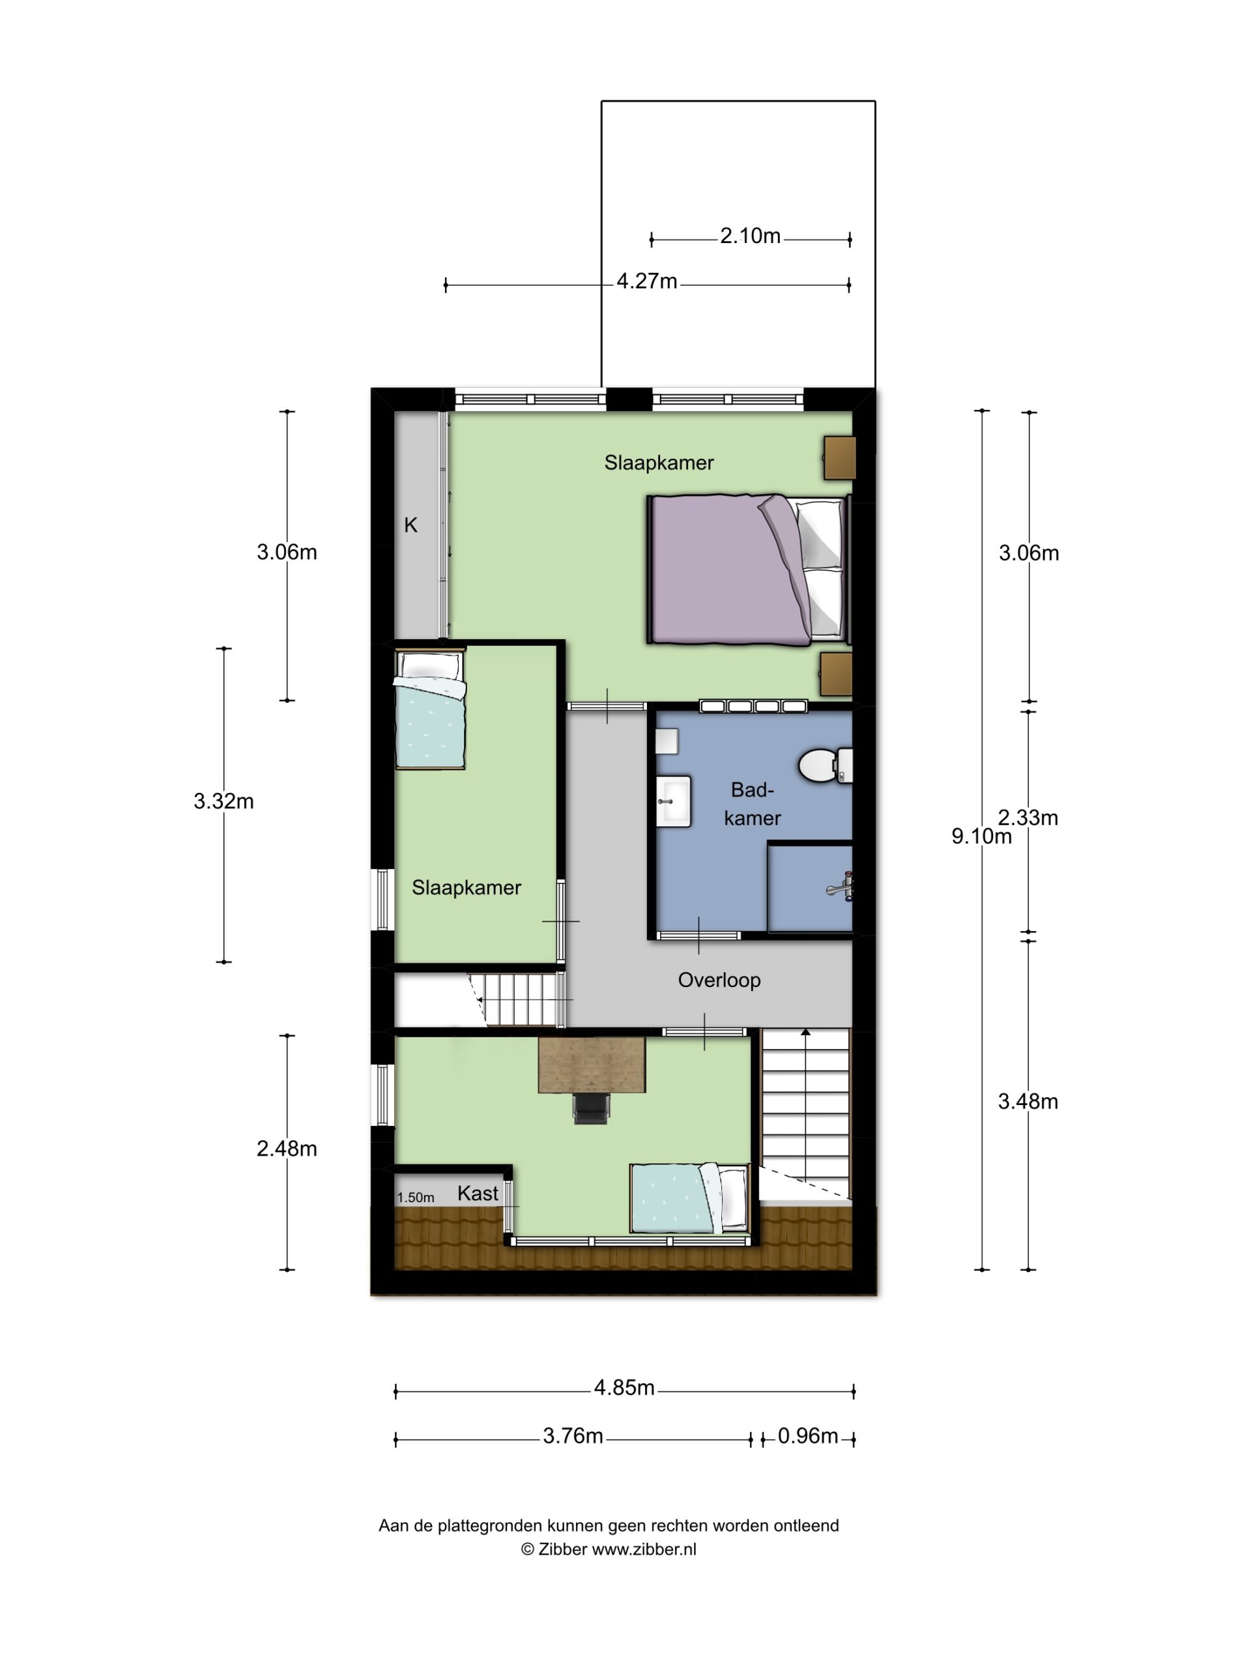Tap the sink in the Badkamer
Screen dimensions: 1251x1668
[672, 801]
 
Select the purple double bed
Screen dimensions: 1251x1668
[747, 570]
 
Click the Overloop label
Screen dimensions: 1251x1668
[719, 981]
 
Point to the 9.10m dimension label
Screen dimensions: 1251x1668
[981, 836]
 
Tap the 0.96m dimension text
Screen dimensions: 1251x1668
[807, 1437]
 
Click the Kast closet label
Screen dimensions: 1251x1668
[478, 1194]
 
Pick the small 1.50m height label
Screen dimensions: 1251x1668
[416, 1198]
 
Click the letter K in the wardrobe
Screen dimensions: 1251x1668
[410, 526]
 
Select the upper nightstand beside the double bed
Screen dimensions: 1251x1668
[839, 457]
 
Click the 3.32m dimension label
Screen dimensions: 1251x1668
[223, 801]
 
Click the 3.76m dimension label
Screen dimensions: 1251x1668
[573, 1437]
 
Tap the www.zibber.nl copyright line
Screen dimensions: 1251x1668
[609, 1549]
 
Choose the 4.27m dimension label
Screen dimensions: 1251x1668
[647, 282]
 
